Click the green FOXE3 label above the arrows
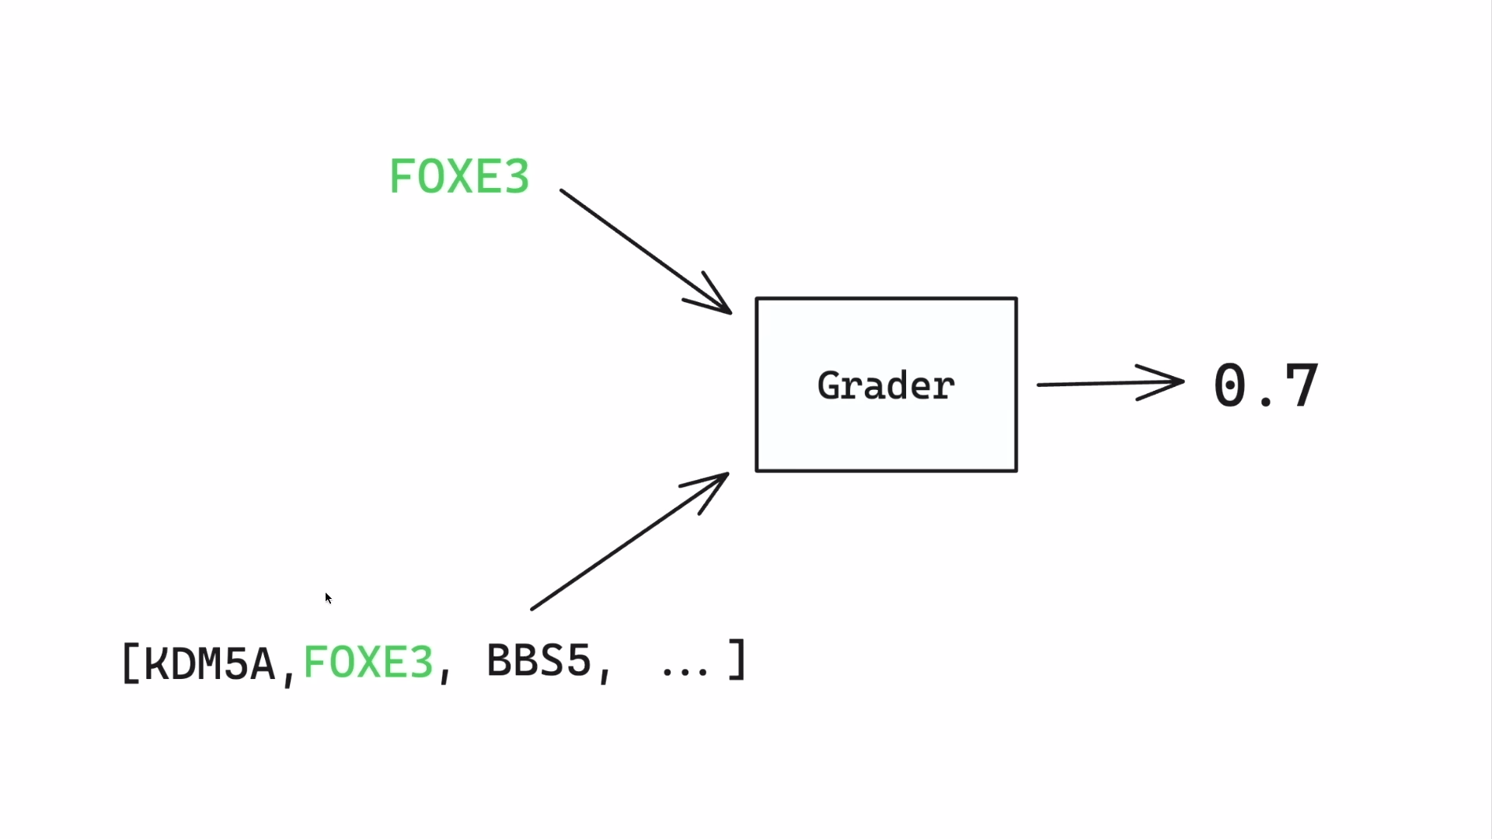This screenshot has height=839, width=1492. click(459, 176)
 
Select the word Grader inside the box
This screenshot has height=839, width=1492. click(886, 386)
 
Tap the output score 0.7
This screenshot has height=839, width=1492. click(1266, 385)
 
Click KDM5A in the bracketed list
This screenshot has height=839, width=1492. click(210, 663)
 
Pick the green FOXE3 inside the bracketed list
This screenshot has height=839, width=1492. click(368, 663)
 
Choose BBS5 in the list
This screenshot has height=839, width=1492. click(539, 661)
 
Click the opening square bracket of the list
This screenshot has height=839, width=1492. click(130, 663)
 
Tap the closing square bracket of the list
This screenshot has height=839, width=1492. click(737, 660)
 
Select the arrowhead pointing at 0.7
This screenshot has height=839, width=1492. click(1166, 382)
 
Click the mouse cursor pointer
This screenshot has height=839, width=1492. click(328, 597)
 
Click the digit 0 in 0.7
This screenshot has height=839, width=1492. click(1230, 385)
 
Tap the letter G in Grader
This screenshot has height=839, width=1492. click(830, 386)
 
